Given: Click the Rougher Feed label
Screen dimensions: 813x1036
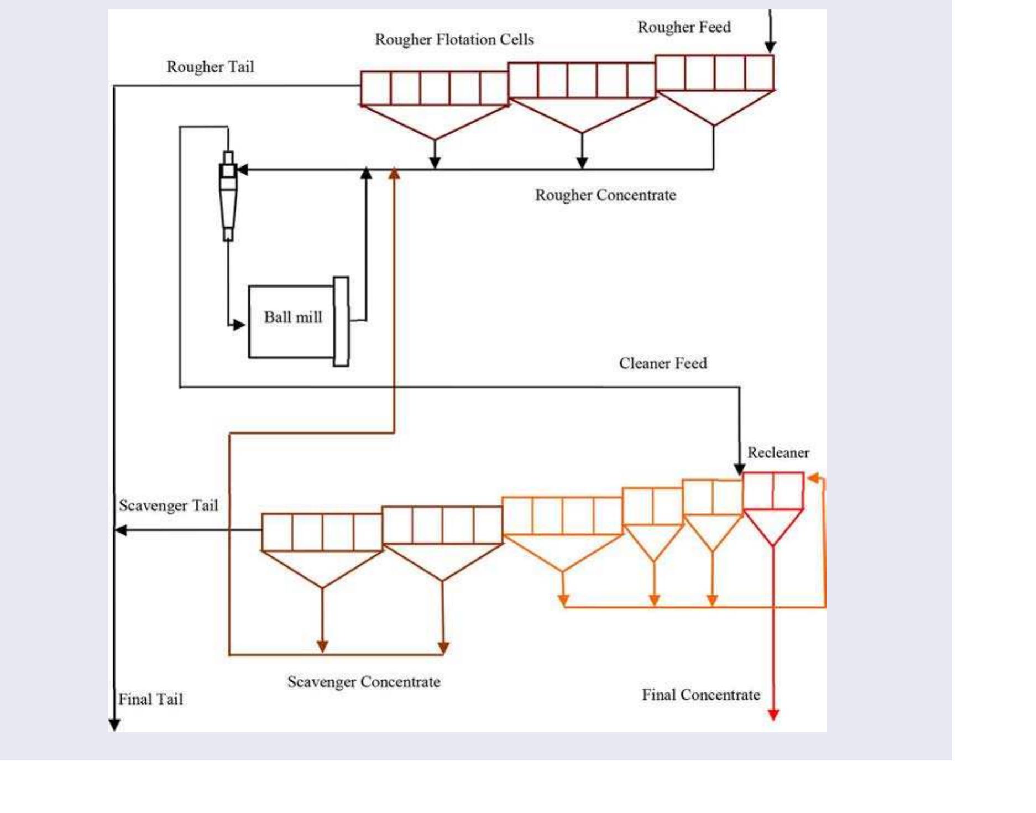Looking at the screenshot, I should coord(684,27).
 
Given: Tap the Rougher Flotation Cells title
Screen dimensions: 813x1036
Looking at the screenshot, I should coord(454,40).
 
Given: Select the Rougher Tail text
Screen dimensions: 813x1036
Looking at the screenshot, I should coord(210,67).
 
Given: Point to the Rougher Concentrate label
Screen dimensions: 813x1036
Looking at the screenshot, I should coord(605,195).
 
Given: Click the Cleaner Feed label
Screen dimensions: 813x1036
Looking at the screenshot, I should coord(662,363).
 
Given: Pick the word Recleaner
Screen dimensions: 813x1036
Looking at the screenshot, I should coord(778,453).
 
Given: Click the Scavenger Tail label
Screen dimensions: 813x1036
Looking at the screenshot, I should coord(169,505).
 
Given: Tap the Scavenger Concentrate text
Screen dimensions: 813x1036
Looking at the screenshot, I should coord(364,682).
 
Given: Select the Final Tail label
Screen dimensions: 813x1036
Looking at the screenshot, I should coord(150,700).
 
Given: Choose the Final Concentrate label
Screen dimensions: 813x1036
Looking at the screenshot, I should coord(700,695).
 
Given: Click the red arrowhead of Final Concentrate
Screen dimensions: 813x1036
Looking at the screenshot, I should coord(773,715).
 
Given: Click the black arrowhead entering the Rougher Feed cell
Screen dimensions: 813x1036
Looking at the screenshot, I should coord(770,47).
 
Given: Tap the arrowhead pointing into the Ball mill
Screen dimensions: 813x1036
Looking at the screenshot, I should coord(239,325).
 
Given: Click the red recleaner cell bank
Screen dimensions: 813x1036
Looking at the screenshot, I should coord(773,491).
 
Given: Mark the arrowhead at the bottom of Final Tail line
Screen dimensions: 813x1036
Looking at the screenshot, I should coord(114,725).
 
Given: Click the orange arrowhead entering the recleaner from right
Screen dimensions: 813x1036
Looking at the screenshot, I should coord(813,478).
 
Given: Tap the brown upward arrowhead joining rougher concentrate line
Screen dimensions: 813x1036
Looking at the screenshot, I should coord(394,174).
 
